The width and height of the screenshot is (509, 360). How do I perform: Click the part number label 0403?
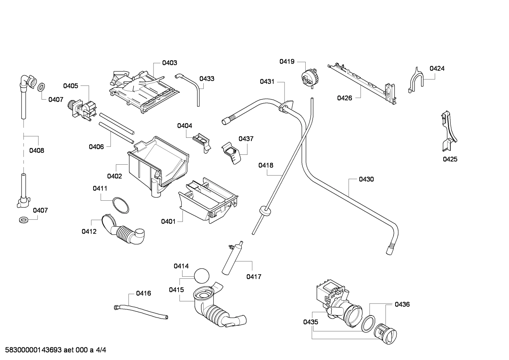tap(169, 63)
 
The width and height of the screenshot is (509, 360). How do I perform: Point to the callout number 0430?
tap(366, 179)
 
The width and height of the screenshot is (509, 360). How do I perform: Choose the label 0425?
tap(450, 159)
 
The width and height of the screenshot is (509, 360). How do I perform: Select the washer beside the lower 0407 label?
tap(24, 220)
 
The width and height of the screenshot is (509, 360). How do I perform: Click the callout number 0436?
tap(402, 304)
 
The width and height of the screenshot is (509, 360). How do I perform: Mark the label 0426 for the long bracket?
tap(344, 98)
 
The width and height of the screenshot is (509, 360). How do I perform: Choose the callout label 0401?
tap(168, 222)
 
